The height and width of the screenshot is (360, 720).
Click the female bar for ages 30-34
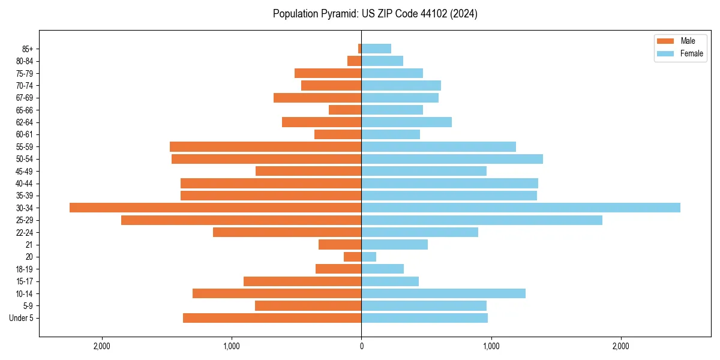coord(520,208)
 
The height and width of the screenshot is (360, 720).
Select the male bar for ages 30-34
coord(215,208)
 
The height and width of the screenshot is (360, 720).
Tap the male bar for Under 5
coord(272,318)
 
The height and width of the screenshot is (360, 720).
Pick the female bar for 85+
coord(376,49)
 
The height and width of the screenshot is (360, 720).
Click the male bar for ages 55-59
coord(265,146)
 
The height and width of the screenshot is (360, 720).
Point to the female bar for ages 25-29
coord(481,220)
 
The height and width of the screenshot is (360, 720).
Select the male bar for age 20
coord(353,257)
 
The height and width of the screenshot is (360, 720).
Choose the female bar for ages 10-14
coord(443,293)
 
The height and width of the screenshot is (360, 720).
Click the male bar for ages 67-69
coord(317,98)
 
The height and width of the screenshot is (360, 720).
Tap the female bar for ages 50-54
coord(452,159)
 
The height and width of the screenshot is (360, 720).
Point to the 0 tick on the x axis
coord(361,346)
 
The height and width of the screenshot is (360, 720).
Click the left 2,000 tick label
coord(102,346)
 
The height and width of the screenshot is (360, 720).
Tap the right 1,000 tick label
coord(491,346)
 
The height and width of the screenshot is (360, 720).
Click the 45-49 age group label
coord(25,171)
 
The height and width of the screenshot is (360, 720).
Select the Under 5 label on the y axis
coord(22,318)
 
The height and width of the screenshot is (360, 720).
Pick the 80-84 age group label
coord(25,61)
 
